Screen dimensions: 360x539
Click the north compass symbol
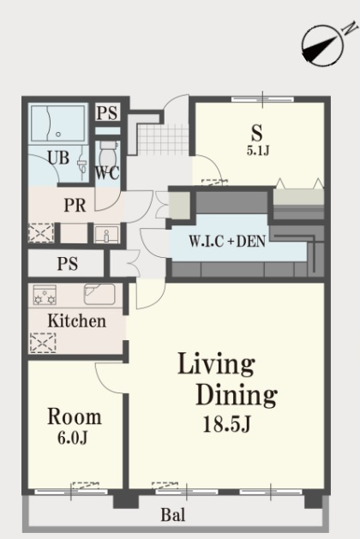coord(323,44)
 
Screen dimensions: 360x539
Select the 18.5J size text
coord(227,424)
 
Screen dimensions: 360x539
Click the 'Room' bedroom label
coord(75,416)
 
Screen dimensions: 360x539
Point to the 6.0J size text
coord(73,438)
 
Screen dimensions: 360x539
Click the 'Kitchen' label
coord(76,320)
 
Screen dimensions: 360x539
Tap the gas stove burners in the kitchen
coord(45,295)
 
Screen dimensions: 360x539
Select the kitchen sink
coord(99,294)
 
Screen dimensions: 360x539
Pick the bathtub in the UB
coord(57,123)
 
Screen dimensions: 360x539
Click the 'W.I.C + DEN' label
coord(227,242)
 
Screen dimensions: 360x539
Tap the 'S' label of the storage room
coord(257,133)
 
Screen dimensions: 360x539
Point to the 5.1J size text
coord(257,151)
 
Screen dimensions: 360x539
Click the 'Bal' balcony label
coord(173,515)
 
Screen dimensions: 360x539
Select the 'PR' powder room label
coord(75,205)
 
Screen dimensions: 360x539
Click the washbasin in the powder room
coord(106,235)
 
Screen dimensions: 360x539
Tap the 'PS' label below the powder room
coord(68,264)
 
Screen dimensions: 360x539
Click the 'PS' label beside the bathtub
coord(107,113)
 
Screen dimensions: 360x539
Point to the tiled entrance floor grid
coord(163,140)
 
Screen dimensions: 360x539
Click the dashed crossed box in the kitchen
coord(43,343)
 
